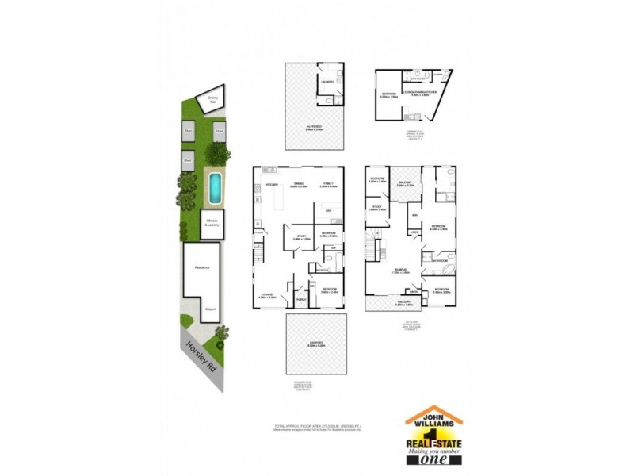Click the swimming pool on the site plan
click(x=215, y=187)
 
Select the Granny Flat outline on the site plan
click(x=212, y=100)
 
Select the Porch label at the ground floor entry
click(x=301, y=300)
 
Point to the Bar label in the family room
click(x=328, y=210)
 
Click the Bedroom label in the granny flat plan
click(x=388, y=94)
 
